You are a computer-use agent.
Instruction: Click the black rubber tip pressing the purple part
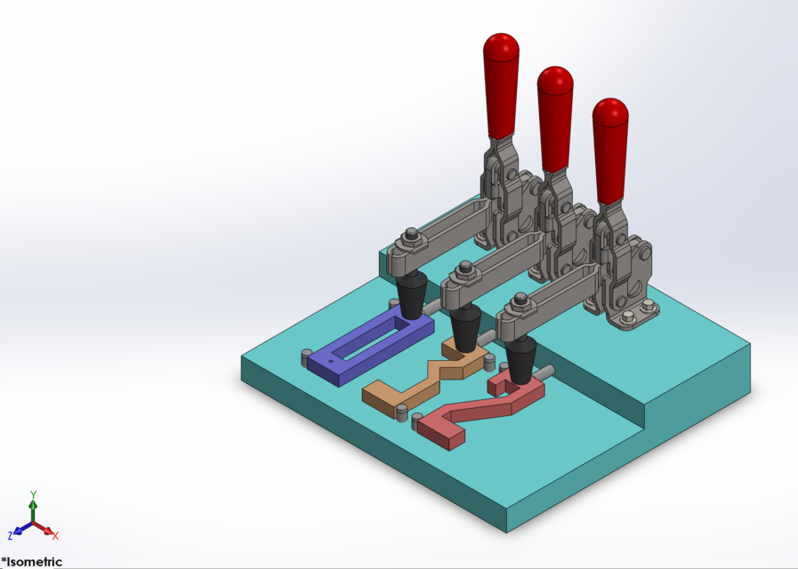410,298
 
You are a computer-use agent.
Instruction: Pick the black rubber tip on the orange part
464,331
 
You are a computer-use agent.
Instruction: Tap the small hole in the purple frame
330,363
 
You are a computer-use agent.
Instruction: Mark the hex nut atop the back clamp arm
410,236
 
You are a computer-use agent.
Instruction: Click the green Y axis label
33,493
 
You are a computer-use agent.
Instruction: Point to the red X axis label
55,535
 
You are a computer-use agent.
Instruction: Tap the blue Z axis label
11,535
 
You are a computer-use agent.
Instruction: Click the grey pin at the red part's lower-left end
416,424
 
